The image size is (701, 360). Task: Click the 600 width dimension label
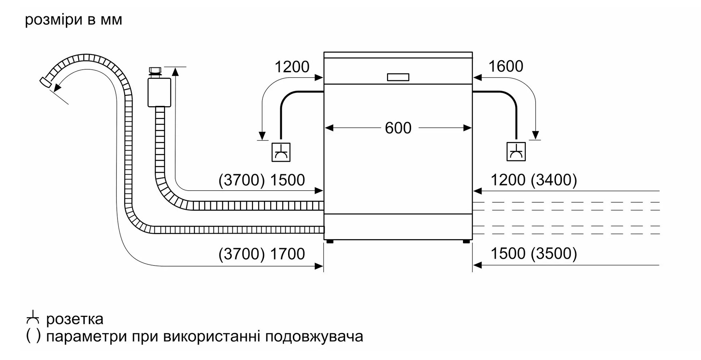pyautogui.click(x=398, y=128)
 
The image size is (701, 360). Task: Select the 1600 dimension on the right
pyautogui.click(x=505, y=66)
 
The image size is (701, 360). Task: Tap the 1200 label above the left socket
pyautogui.click(x=292, y=67)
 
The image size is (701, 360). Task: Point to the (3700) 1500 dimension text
pyautogui.click(x=261, y=180)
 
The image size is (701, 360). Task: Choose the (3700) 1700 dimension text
pyautogui.click(x=261, y=254)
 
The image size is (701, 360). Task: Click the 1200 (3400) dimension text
pyautogui.click(x=533, y=180)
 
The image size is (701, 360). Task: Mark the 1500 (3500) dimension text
pyautogui.click(x=533, y=254)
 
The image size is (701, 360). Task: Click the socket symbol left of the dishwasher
pyautogui.click(x=281, y=152)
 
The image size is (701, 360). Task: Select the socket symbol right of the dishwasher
pyautogui.click(x=516, y=152)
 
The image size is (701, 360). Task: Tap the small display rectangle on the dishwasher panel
pyautogui.click(x=398, y=77)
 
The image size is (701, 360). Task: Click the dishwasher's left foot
pyautogui.click(x=330, y=241)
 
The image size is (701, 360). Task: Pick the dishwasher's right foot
pyautogui.click(x=466, y=241)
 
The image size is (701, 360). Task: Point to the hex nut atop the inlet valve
pyautogui.click(x=155, y=70)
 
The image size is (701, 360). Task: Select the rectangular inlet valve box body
pyautogui.click(x=159, y=92)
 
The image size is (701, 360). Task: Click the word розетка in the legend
pyautogui.click(x=75, y=319)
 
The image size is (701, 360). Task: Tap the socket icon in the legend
pyautogui.click(x=33, y=318)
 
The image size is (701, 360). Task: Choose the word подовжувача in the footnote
pyautogui.click(x=314, y=336)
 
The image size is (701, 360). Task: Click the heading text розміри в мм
pyautogui.click(x=73, y=20)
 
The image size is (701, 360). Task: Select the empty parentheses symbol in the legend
pyautogui.click(x=33, y=336)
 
